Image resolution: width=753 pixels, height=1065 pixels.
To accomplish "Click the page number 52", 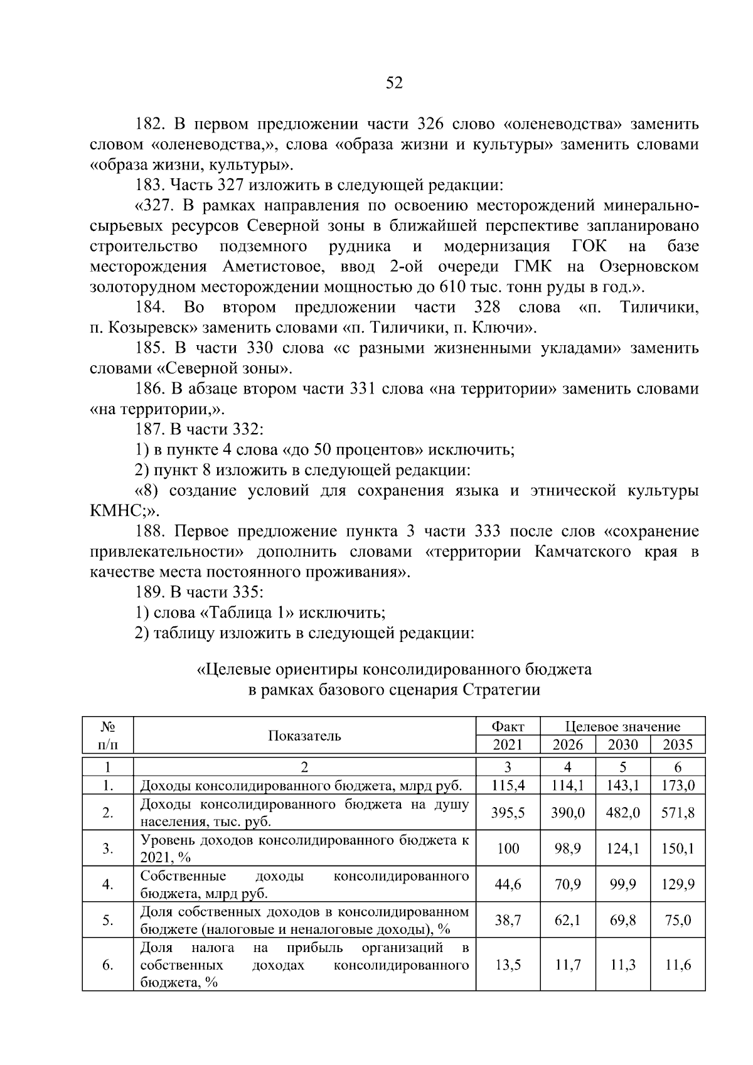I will (x=394, y=83).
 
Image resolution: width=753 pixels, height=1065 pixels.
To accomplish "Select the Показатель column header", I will (x=304, y=736).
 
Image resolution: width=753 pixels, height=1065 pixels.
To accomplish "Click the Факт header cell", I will (x=508, y=727).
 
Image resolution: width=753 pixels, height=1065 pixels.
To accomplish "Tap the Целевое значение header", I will (x=622, y=727).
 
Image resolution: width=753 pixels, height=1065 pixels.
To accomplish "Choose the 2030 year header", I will (x=623, y=745).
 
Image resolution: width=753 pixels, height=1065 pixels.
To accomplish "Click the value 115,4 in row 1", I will (x=508, y=785).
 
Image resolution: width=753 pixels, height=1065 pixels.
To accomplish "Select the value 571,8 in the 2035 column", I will (x=678, y=813).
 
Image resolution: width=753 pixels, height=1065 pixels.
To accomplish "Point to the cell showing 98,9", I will (x=567, y=848).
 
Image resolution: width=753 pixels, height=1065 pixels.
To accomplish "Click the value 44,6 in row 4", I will (x=508, y=884).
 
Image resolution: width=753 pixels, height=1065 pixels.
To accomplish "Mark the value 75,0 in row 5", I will (x=678, y=920).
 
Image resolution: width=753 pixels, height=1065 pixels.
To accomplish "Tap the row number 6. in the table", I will (x=108, y=965).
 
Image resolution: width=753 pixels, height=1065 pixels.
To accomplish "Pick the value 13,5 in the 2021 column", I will (x=508, y=965).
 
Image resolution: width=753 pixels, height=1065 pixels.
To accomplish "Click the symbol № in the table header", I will (x=108, y=727).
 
